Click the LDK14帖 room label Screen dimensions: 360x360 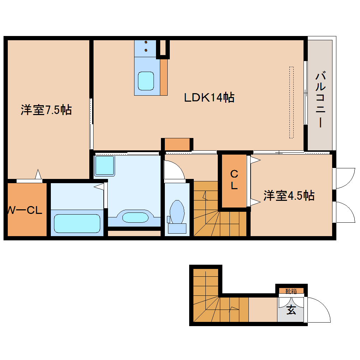[209, 97]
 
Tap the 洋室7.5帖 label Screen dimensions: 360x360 [46, 110]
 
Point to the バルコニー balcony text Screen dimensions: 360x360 [320, 100]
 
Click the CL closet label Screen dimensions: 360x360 [234, 180]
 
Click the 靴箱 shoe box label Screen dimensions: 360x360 [291, 291]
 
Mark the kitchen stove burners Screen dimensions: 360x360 [145, 46]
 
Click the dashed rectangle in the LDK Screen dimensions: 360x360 [292, 102]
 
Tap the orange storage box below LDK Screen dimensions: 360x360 [178, 144]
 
